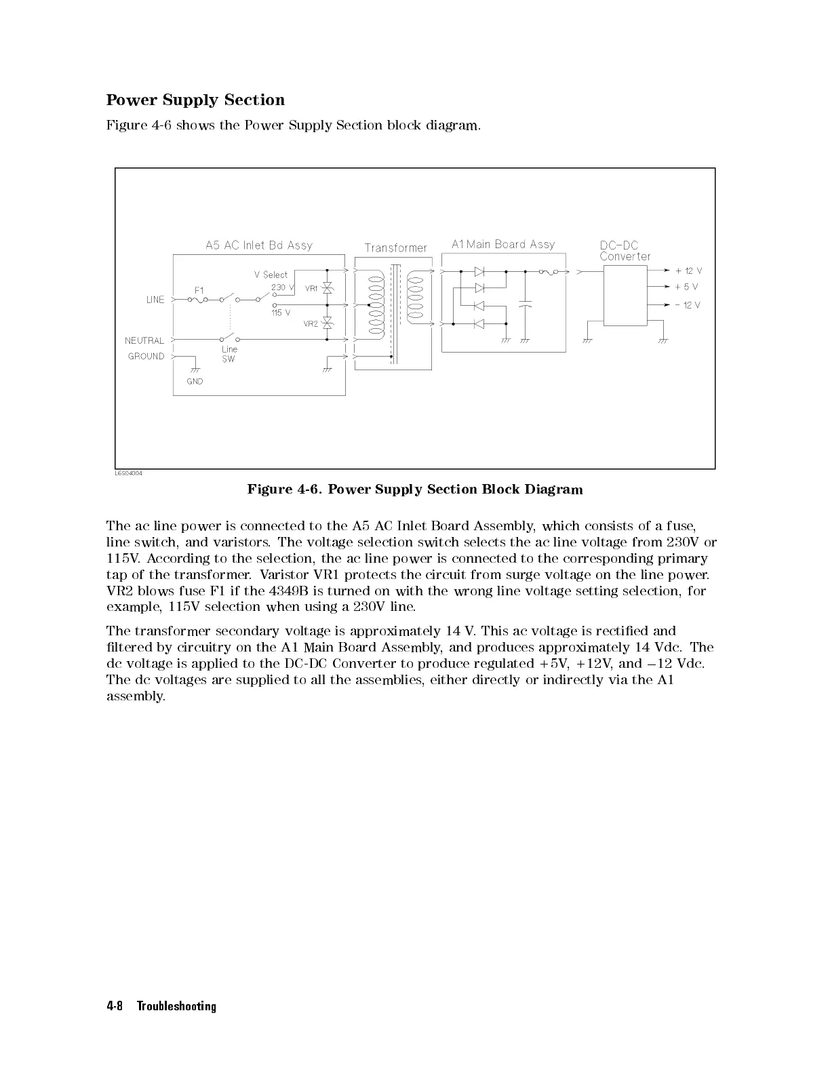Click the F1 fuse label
click(x=199, y=290)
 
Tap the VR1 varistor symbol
click(x=328, y=288)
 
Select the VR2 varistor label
click(x=311, y=324)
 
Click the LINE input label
click(x=155, y=300)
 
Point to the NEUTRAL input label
click(x=144, y=340)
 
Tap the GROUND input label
click(x=146, y=356)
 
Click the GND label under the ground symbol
click(x=195, y=381)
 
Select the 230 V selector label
click(x=282, y=287)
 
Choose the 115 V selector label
click(x=281, y=313)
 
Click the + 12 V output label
click(x=688, y=271)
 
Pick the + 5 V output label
click(x=686, y=287)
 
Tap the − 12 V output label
click(x=688, y=305)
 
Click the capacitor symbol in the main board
click(x=524, y=304)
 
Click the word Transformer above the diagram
click(x=396, y=248)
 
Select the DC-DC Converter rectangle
click(x=625, y=295)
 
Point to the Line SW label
click(x=229, y=354)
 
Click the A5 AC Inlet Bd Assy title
click(x=259, y=245)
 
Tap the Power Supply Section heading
click(x=195, y=100)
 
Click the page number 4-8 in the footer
click(x=114, y=1006)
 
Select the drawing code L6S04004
click(x=129, y=473)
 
